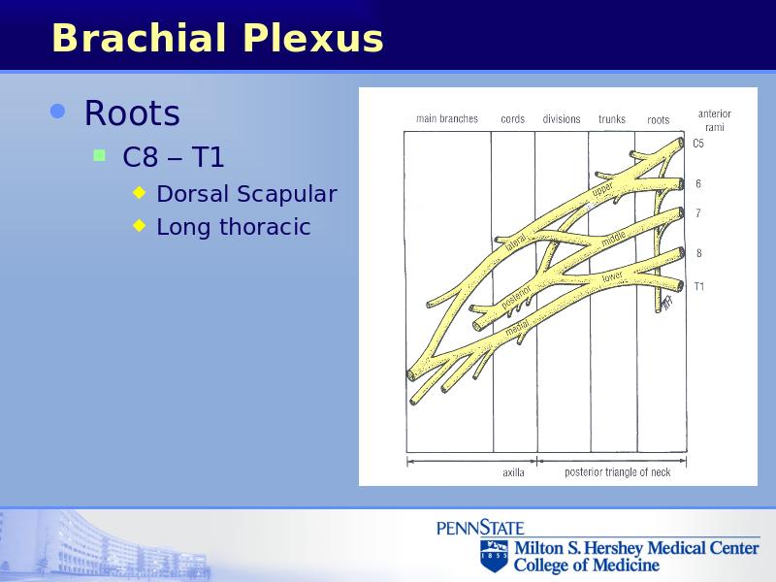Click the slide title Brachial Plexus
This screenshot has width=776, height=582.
click(217, 38)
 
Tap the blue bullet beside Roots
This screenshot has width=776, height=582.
click(58, 112)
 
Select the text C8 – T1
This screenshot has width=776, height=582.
click(174, 157)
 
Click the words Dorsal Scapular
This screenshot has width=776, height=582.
click(246, 193)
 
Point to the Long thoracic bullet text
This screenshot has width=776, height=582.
click(233, 227)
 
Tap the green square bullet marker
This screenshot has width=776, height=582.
click(100, 156)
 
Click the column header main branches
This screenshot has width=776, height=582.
click(447, 118)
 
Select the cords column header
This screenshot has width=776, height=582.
click(512, 118)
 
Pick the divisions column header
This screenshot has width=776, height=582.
click(562, 118)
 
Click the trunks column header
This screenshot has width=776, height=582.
click(612, 118)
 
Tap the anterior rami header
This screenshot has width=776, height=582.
click(715, 120)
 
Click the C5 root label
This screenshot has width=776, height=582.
click(697, 144)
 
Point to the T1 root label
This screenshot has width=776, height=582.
click(698, 286)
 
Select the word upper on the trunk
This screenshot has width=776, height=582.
click(602, 189)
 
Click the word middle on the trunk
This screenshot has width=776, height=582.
click(614, 238)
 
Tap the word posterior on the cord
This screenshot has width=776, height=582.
click(516, 297)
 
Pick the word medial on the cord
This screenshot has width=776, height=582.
click(517, 328)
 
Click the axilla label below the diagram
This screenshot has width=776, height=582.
click(513, 472)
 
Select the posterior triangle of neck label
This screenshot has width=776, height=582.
click(618, 472)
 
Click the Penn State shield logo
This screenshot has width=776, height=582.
click(494, 556)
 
